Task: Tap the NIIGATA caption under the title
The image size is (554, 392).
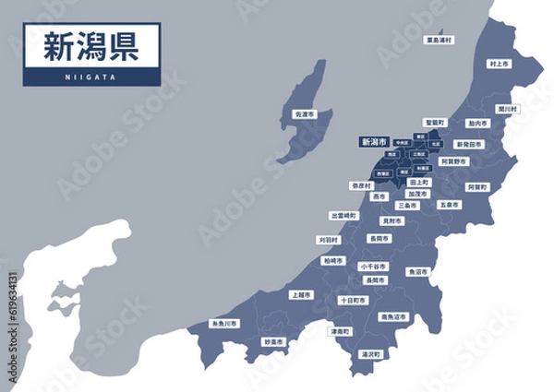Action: click(x=91, y=77)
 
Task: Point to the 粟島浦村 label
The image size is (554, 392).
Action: click(x=439, y=41)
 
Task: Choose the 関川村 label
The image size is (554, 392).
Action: click(x=507, y=108)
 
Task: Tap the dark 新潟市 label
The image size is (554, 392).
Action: click(x=373, y=142)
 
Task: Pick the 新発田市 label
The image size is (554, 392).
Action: click(x=470, y=145)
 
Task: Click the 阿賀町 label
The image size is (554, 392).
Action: click(x=476, y=186)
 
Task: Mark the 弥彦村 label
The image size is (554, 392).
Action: click(x=361, y=185)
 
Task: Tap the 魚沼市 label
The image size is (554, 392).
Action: click(x=417, y=272)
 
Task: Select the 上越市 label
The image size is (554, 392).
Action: click(x=300, y=295)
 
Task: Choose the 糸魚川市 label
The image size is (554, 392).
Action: click(x=224, y=324)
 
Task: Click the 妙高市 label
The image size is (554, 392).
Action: click(x=273, y=341)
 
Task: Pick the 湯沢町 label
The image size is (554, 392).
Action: click(x=371, y=354)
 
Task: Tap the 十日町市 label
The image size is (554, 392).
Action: click(x=353, y=301)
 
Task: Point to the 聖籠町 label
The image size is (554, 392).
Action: click(x=435, y=122)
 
